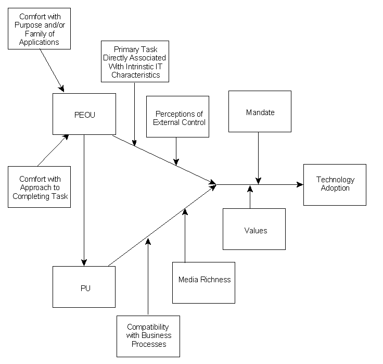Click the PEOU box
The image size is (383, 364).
84,114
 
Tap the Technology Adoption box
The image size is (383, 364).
335,184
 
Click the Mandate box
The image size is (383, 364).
260,111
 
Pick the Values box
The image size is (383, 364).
254,229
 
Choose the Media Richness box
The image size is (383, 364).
204,282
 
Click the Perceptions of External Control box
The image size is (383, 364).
177,117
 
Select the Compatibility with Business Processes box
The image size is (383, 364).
148,336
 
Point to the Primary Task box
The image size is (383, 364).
134,61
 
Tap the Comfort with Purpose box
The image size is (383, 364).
40,29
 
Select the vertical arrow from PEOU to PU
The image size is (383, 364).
84,198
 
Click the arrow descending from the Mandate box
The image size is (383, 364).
259,156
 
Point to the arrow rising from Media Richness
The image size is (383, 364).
185,234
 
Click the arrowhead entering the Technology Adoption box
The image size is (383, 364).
300,184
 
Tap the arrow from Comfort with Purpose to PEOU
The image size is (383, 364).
52,70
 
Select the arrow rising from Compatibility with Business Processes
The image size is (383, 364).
148,276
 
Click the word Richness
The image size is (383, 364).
217,280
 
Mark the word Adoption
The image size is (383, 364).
335,188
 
